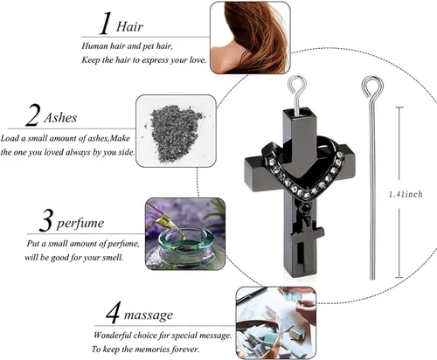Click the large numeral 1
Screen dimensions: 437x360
(x=105, y=24)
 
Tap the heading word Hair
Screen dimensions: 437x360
(x=129, y=27)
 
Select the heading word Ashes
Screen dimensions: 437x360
(x=60, y=118)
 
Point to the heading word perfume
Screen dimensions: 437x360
(x=80, y=224)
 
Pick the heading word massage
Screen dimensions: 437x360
(x=149, y=315)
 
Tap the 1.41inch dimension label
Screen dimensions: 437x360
(x=406, y=194)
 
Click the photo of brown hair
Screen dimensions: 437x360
(x=250, y=38)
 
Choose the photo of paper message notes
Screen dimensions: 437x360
(x=276, y=323)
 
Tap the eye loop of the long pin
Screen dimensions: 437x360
(x=372, y=87)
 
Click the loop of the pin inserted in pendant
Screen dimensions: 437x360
(x=297, y=86)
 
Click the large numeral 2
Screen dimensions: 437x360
(x=32, y=114)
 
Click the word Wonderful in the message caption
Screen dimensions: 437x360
(x=112, y=336)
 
